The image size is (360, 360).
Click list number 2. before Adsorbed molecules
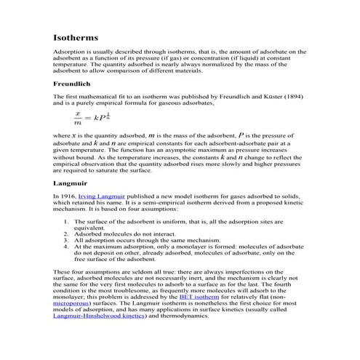click(67, 234)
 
